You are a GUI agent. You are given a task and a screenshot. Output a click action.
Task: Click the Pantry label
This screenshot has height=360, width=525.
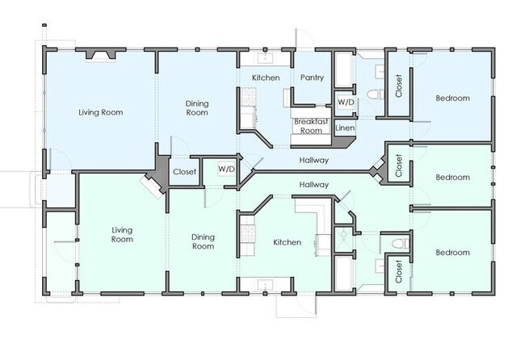point(312,77)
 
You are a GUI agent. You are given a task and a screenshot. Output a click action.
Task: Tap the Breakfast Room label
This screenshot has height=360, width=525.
point(311,126)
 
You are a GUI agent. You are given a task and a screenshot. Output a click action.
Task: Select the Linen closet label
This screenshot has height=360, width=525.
point(345,128)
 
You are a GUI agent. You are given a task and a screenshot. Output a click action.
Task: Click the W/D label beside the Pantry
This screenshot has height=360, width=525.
point(346,102)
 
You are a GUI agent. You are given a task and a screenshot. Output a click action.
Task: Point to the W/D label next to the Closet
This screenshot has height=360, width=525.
point(227,169)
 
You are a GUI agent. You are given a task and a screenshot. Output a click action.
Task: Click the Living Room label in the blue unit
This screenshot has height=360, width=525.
point(100,112)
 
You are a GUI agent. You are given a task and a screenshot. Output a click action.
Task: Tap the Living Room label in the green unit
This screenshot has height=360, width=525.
point(122,235)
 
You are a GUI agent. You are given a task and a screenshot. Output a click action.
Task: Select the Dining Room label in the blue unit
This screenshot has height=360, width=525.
point(197,107)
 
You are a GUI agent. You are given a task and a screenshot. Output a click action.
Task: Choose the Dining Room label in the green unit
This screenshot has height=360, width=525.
point(203,241)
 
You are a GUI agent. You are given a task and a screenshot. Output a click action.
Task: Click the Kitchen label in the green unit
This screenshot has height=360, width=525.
point(287,242)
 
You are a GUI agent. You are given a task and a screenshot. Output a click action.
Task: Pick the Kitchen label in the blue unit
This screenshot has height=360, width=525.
point(266,77)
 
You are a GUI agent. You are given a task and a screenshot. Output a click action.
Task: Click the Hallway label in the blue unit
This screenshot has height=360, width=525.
point(313,161)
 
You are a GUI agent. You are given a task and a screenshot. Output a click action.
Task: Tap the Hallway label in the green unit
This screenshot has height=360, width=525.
point(313,184)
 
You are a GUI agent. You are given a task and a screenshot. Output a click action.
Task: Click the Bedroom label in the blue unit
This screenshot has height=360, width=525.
point(452,98)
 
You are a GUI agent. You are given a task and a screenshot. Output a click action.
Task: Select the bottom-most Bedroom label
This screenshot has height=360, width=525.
point(452,253)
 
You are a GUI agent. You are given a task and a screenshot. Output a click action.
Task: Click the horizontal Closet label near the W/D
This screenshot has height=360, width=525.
point(184,172)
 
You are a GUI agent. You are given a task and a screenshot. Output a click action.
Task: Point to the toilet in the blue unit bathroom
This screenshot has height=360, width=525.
point(376,94)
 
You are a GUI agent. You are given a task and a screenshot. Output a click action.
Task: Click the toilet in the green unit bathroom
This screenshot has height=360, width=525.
point(400,243)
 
